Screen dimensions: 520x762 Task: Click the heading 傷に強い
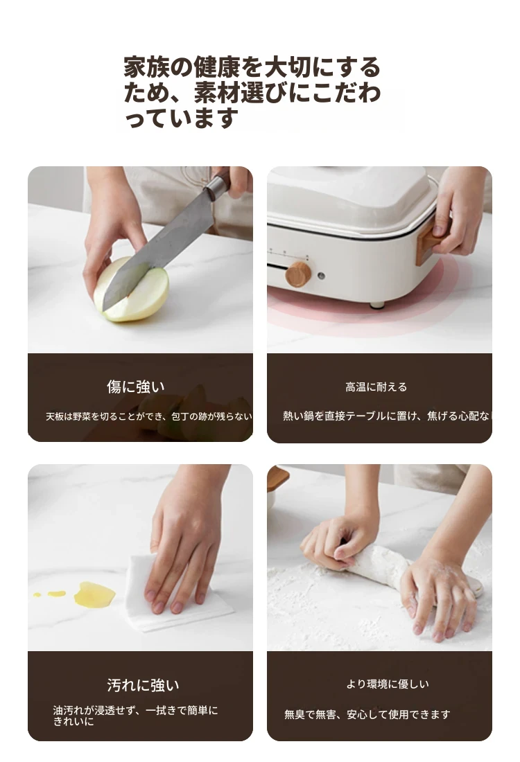coord(136,387)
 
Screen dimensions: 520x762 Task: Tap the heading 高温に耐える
coord(376,387)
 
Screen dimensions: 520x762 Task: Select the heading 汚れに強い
coord(143,685)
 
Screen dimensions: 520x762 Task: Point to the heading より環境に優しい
coord(388,684)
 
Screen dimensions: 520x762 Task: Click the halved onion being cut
coord(131,290)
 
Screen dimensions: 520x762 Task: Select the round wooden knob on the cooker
coord(297,274)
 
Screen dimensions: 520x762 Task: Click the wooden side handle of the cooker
coord(430,242)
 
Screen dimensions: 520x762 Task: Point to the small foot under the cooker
coord(377,305)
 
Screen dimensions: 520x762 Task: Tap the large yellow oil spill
coord(94,594)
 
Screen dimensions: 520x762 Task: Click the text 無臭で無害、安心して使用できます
coord(367,714)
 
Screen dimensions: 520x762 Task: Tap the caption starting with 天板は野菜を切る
coord(149,416)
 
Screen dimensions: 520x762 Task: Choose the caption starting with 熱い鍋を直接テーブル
coord(388,416)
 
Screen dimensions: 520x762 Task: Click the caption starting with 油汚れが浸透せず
coord(136,716)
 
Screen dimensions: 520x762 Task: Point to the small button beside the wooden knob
coord(321,276)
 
